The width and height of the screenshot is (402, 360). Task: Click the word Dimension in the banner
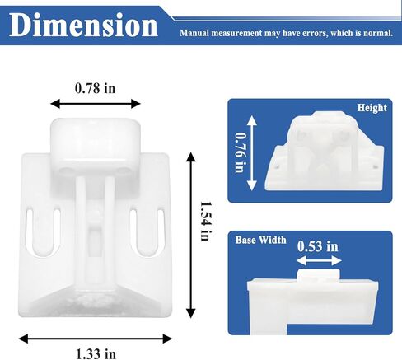(x=84, y=25)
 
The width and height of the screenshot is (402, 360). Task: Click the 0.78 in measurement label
(x=95, y=88)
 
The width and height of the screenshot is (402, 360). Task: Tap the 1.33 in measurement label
(x=96, y=353)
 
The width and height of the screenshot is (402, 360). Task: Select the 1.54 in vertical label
(x=205, y=222)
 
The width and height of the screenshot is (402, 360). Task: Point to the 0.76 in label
(x=240, y=152)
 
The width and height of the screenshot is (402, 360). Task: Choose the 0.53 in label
(x=318, y=246)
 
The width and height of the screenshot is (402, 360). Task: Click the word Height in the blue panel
(x=372, y=108)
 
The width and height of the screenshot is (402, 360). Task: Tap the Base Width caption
(x=260, y=240)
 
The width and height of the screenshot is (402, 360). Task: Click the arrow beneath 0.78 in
(x=96, y=104)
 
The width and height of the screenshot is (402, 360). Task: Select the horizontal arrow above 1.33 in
(x=96, y=339)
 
